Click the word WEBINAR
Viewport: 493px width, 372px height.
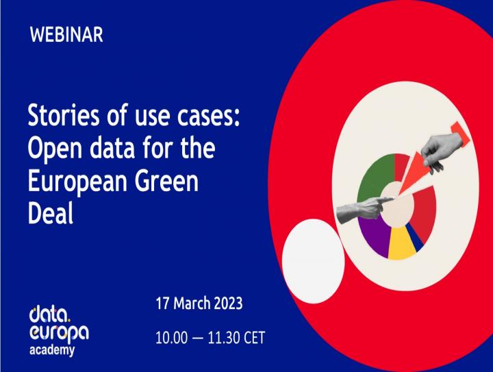(66, 34)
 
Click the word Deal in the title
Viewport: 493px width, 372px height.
(51, 212)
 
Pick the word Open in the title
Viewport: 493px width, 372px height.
(55, 149)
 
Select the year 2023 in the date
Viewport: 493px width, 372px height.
(228, 303)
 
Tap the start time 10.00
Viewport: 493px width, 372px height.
(171, 338)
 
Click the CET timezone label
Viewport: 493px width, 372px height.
(254, 338)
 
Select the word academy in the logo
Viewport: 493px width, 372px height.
(52, 350)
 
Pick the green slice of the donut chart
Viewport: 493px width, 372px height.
(374, 176)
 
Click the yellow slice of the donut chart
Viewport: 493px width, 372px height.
(401, 245)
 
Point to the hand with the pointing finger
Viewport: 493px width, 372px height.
(363, 208)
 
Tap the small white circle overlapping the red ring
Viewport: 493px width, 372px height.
(313, 261)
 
